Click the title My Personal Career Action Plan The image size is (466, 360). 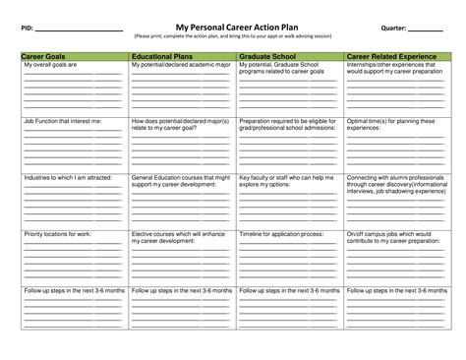pyautogui.click(x=233, y=28)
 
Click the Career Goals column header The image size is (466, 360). pyautogui.click(x=44, y=57)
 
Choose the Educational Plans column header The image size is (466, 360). pyautogui.click(x=162, y=57)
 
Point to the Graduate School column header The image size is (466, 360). pyautogui.click(x=269, y=57)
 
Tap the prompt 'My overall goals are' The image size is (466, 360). pyautogui.click(x=49, y=66)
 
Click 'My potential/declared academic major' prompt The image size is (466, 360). pyautogui.click(x=181, y=66)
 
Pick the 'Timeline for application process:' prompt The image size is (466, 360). pyautogui.click(x=281, y=234)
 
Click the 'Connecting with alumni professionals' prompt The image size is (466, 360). pyautogui.click(x=394, y=178)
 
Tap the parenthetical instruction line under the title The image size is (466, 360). pyautogui.click(x=233, y=36)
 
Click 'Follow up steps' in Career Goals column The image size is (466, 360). pyautogui.click(x=73, y=290)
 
